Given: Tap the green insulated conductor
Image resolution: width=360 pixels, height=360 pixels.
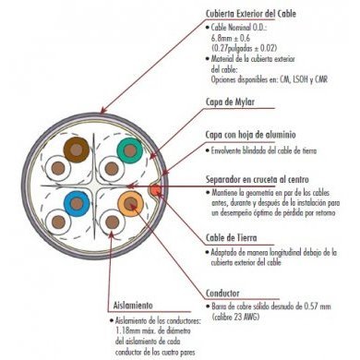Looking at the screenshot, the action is click(129, 148).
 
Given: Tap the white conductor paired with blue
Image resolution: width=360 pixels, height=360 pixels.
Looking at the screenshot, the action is click(59, 222).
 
